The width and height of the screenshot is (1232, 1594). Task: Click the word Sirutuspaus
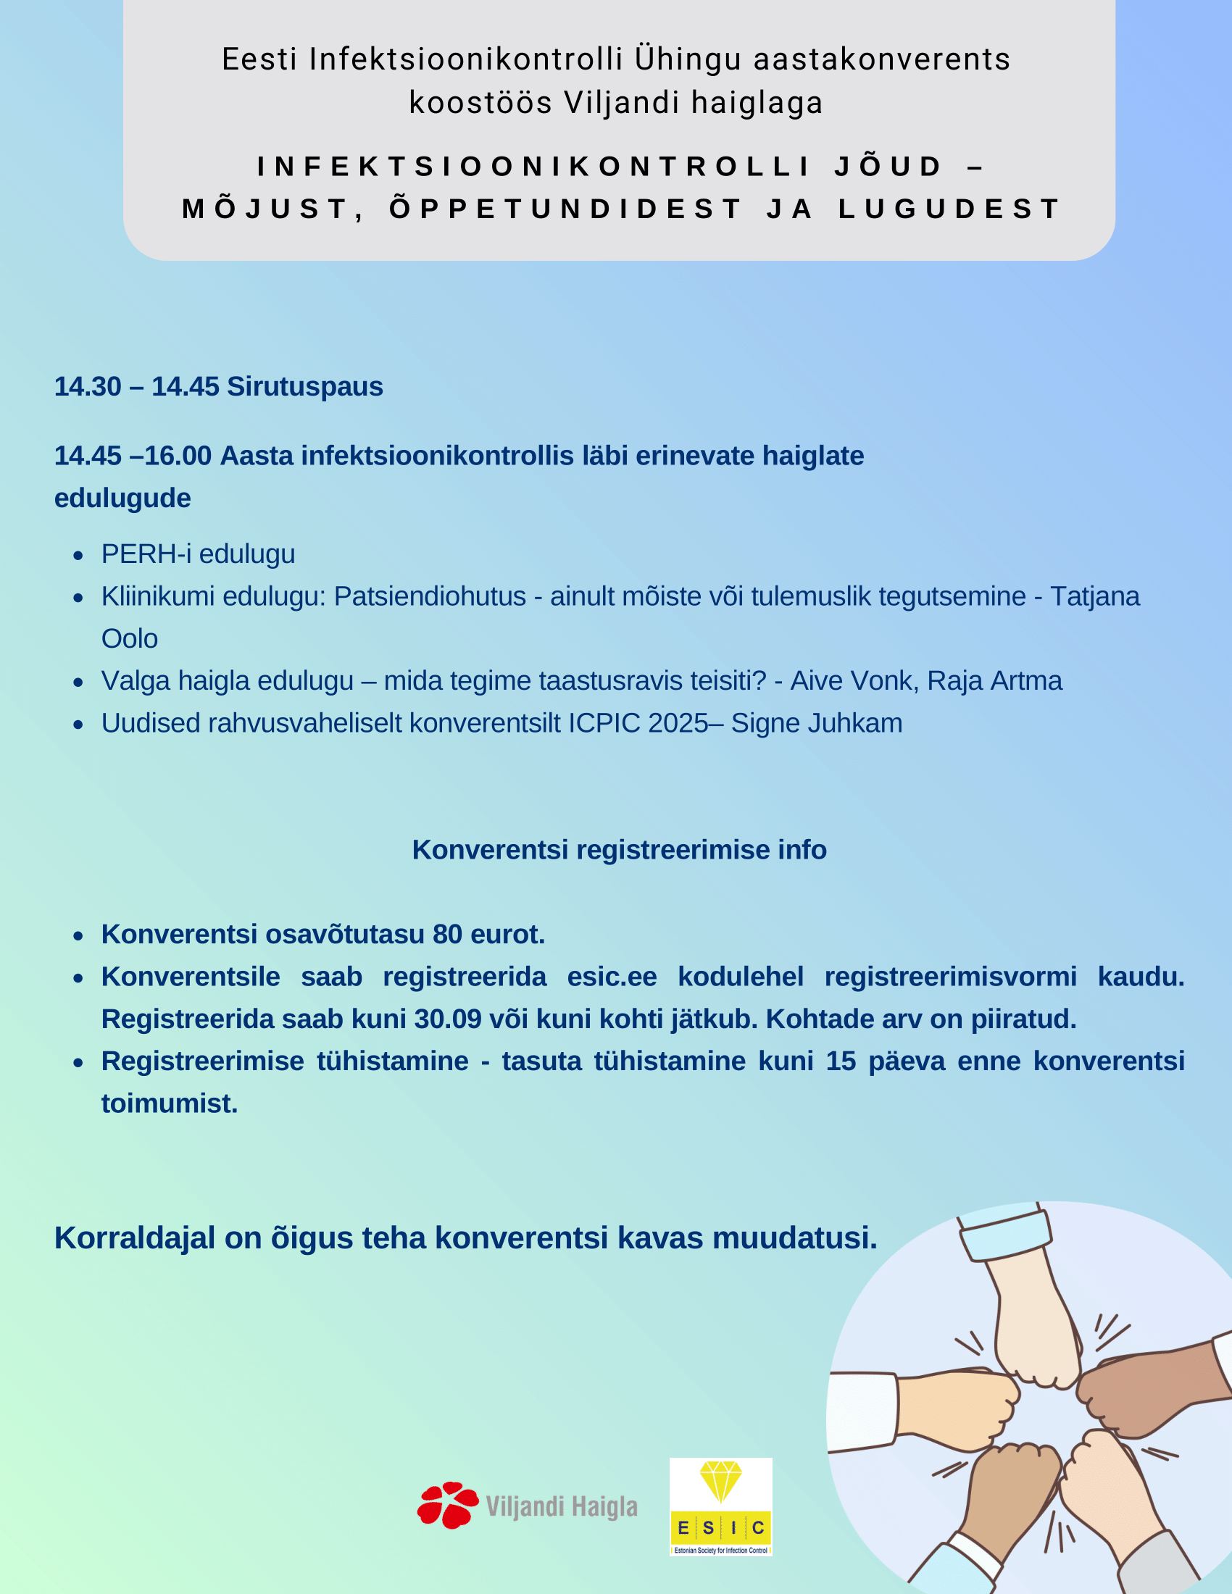[304, 386]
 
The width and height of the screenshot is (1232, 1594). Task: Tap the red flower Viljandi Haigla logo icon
[447, 1505]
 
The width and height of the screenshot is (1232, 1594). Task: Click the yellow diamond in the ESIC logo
[720, 1481]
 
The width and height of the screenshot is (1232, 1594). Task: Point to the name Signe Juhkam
[817, 723]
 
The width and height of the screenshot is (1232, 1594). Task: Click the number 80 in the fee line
[447, 934]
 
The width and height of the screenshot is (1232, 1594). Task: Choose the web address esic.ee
[612, 977]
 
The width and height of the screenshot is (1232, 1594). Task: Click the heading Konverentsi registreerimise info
[619, 850]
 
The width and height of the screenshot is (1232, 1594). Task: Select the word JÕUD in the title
[889, 167]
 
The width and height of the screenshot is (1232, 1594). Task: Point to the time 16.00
[178, 456]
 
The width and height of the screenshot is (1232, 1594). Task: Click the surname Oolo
[129, 638]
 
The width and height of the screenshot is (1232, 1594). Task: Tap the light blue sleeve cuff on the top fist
[1006, 1235]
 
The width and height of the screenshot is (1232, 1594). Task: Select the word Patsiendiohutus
[430, 596]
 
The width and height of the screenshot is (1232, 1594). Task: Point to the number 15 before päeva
[840, 1061]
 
